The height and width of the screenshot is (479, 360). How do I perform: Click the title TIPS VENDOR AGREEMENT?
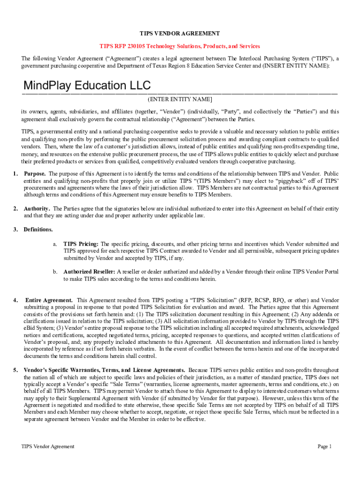(180, 34)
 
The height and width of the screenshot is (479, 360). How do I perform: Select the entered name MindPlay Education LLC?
(87, 86)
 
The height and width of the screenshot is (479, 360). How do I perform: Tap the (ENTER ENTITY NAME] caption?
(180, 100)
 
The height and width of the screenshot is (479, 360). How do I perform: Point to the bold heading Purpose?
(35, 174)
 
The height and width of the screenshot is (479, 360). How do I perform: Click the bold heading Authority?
(37, 209)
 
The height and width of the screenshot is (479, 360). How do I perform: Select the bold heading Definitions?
(38, 230)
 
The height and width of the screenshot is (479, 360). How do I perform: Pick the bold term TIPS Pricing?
(81, 244)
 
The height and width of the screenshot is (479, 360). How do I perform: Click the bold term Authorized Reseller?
(89, 272)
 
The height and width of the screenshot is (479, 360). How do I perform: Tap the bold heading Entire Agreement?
(49, 300)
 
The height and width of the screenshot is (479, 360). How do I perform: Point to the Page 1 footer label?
(324, 446)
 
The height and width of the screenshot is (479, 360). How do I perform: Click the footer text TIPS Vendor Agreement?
(48, 446)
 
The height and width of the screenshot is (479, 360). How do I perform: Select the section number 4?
(16, 300)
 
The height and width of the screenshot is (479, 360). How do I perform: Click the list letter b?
(55, 272)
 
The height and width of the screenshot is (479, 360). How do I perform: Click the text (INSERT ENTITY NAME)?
(290, 65)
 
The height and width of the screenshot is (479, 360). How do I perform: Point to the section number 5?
(16, 370)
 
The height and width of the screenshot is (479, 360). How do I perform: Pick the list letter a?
(55, 244)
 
